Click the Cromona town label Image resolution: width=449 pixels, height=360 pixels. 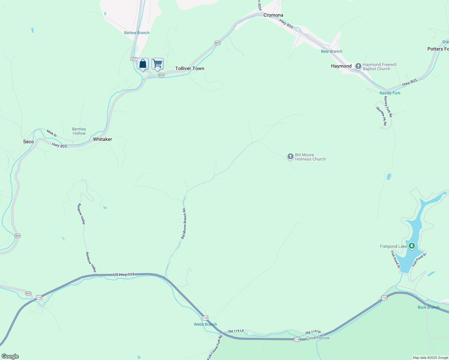click(x=273, y=15)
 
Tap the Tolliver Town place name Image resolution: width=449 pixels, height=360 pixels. click(x=190, y=68)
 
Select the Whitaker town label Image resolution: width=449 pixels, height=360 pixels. click(x=102, y=139)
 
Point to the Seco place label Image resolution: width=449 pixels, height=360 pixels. click(x=29, y=142)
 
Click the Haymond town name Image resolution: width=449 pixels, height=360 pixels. click(x=341, y=66)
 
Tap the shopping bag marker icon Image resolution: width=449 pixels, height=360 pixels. click(x=143, y=64)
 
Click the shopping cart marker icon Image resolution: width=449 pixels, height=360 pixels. click(x=157, y=64)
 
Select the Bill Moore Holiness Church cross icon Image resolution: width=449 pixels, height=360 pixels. click(x=290, y=156)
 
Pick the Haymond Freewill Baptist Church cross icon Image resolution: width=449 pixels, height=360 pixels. click(x=358, y=66)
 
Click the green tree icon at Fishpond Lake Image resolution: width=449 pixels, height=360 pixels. click(x=412, y=246)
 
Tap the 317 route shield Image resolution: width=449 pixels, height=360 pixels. click(x=134, y=59)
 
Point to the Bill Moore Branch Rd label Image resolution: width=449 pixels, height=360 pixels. click(x=184, y=224)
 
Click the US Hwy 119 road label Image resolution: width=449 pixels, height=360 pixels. click(x=124, y=274)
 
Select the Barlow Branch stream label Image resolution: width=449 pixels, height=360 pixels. click(x=137, y=33)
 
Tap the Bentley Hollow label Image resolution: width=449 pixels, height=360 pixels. click(x=79, y=131)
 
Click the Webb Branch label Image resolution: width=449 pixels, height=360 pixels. click(x=205, y=324)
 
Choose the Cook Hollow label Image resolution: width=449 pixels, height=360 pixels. click(x=318, y=338)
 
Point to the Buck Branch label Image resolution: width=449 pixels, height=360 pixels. click(x=428, y=307)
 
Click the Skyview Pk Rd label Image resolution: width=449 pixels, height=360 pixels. click(x=381, y=116)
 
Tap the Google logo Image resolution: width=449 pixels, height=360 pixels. click(x=10, y=356)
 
